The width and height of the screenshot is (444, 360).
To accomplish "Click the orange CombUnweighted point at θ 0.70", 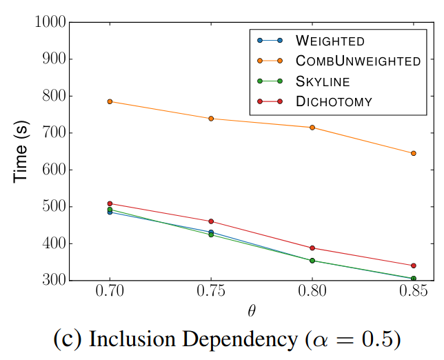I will (x=110, y=101).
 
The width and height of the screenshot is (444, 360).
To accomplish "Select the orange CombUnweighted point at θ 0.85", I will (x=413, y=153).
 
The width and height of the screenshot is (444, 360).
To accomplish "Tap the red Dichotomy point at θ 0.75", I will (x=211, y=221).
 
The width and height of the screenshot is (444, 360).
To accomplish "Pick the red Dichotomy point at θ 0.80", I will (x=312, y=248).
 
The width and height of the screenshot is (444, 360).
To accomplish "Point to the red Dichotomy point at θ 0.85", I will (x=413, y=266).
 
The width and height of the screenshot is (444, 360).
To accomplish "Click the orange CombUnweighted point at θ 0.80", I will (x=312, y=128).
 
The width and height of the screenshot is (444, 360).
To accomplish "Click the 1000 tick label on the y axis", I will (x=50, y=22).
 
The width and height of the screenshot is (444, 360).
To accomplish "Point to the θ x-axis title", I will (x=253, y=311).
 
